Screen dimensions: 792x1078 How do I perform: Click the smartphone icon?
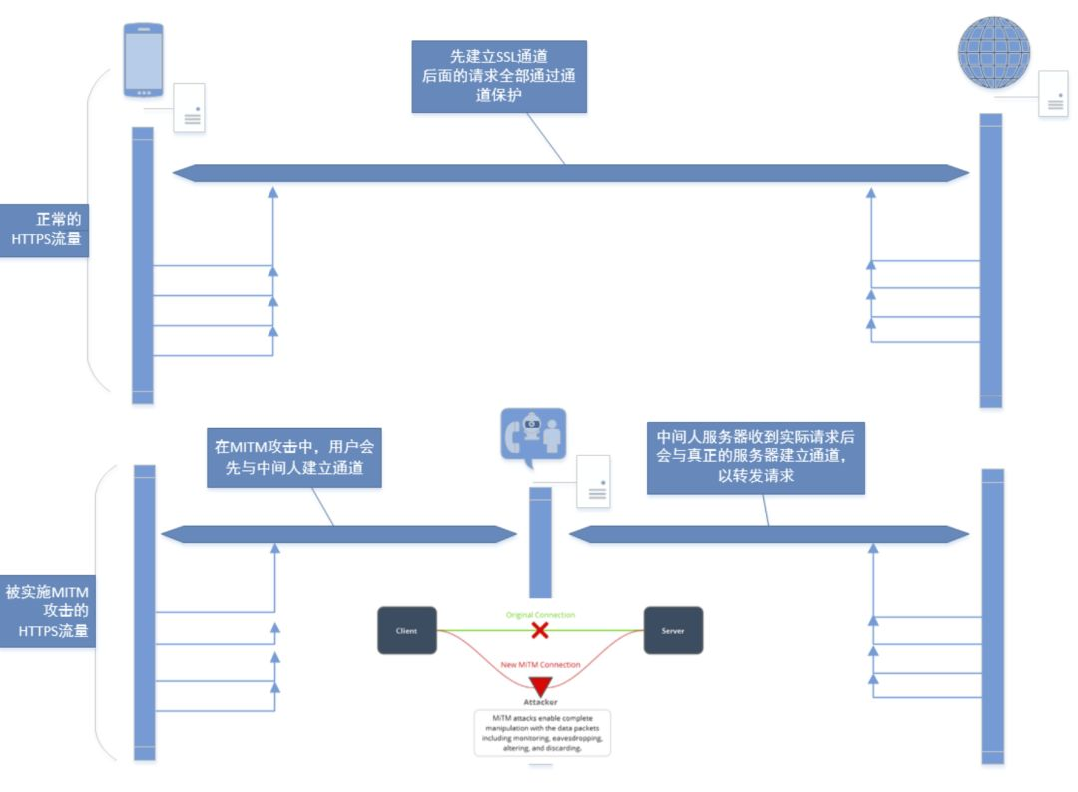pos(143,60)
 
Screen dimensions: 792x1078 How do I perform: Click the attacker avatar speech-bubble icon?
pos(533,437)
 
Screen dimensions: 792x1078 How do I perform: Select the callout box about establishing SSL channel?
pos(499,76)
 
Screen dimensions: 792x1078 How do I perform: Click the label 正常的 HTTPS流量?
pos(44,230)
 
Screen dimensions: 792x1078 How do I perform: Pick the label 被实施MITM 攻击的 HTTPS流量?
pos(47,611)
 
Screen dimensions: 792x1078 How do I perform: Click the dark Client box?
pos(406,630)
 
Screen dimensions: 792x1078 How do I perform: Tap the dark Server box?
pos(673,630)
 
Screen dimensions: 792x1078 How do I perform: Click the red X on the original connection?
pos(540,630)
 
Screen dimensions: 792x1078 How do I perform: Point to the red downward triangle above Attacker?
pos(540,687)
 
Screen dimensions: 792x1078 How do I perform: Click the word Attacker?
pos(540,703)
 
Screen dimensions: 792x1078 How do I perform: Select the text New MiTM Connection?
pos(540,664)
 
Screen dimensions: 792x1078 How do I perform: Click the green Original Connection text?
pos(540,615)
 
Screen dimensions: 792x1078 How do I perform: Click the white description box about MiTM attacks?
pos(541,733)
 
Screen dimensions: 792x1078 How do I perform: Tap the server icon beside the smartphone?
pos(190,108)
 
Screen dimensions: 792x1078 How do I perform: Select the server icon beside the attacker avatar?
pos(594,481)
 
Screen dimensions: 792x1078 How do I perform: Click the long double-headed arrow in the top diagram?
pos(570,173)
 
